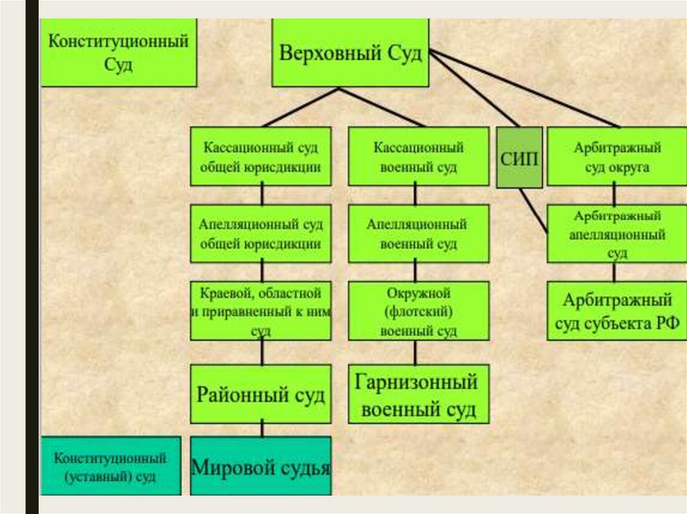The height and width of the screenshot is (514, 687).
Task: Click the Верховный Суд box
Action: (350, 53)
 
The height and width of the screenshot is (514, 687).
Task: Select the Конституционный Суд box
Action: (119, 53)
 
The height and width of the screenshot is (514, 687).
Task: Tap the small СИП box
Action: (519, 157)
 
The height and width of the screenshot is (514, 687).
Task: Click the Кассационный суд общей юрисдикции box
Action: (260, 157)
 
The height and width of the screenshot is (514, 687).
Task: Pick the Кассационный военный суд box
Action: (419, 157)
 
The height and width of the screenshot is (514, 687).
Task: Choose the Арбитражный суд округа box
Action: (617, 157)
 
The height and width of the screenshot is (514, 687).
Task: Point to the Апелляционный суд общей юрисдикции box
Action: (260, 233)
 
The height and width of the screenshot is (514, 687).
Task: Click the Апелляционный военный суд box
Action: (419, 233)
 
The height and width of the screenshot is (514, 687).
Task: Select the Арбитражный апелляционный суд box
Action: (617, 234)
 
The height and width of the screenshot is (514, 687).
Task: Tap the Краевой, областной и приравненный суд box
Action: (260, 310)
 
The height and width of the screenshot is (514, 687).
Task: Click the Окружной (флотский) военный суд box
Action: (419, 310)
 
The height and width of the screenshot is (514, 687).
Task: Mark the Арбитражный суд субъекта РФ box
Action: (617, 310)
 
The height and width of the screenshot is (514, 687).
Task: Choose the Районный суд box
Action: (260, 394)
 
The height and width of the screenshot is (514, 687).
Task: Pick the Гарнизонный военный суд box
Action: (419, 394)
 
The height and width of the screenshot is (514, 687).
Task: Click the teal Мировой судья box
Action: (260, 466)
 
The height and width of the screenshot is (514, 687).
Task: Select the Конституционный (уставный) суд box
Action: (111, 466)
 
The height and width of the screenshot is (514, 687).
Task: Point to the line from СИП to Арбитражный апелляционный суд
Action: (534, 209)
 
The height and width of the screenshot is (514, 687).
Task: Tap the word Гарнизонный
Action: (417, 383)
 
